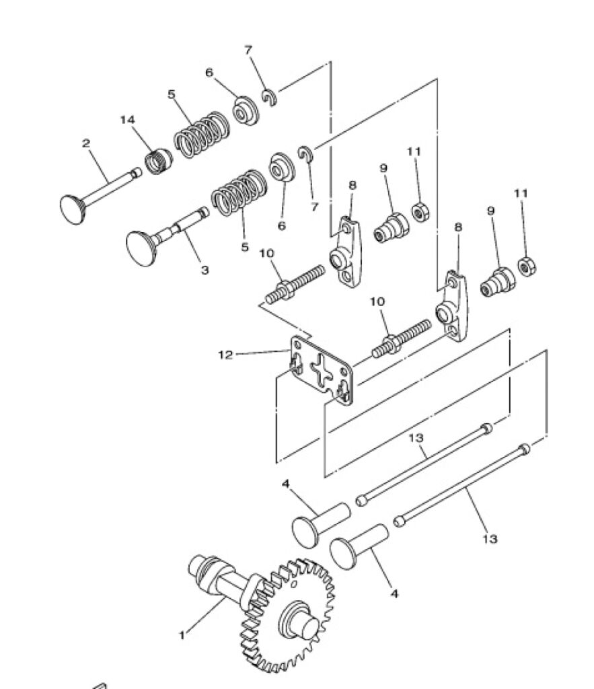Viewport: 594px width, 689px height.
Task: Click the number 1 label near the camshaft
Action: pyautogui.click(x=182, y=635)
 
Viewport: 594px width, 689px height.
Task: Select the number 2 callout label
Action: pyautogui.click(x=85, y=143)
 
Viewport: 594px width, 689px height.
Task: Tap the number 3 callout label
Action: pyautogui.click(x=205, y=270)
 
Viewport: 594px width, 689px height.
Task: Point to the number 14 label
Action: pyautogui.click(x=127, y=120)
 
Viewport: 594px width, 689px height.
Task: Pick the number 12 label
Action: pyautogui.click(x=225, y=355)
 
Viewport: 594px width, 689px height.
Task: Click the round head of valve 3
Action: pyautogui.click(x=141, y=248)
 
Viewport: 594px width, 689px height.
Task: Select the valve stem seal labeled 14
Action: pyautogui.click(x=159, y=161)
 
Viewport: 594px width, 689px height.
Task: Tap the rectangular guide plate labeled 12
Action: pyautogui.click(x=322, y=371)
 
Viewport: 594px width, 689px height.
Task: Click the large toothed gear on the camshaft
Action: pyautogui.click(x=288, y=615)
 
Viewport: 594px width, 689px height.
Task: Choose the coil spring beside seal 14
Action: pyautogui.click(x=202, y=135)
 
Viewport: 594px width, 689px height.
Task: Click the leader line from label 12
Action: pyautogui.click(x=263, y=352)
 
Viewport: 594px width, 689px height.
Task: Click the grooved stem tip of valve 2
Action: pyautogui.click(x=137, y=173)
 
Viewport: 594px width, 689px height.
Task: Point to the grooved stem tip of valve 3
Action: pyautogui.click(x=203, y=213)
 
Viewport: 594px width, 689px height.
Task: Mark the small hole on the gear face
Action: pyautogui.click(x=294, y=583)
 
